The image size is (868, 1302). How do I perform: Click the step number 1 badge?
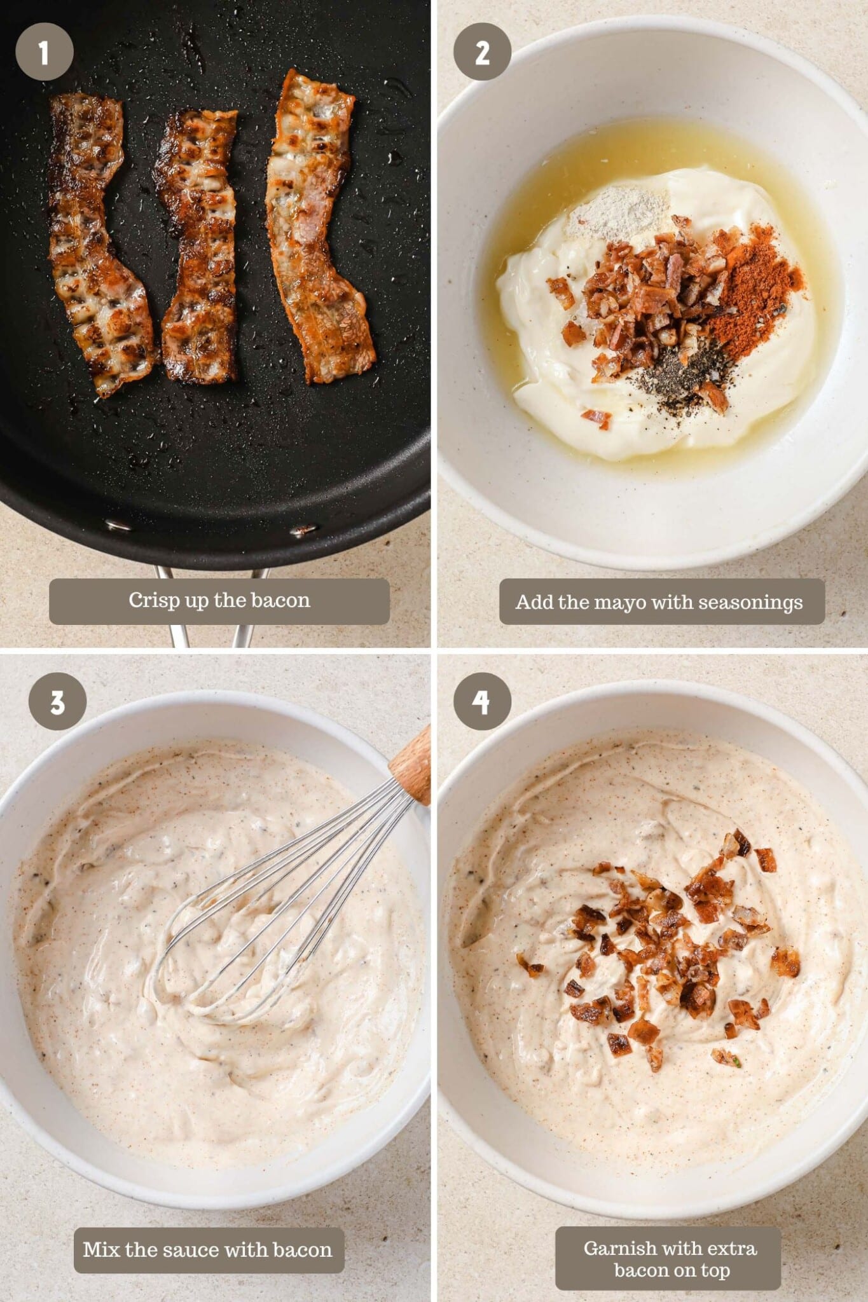coord(44,51)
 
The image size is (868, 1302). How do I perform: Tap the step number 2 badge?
coord(482,51)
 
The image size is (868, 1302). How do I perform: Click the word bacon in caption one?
coord(280,600)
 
